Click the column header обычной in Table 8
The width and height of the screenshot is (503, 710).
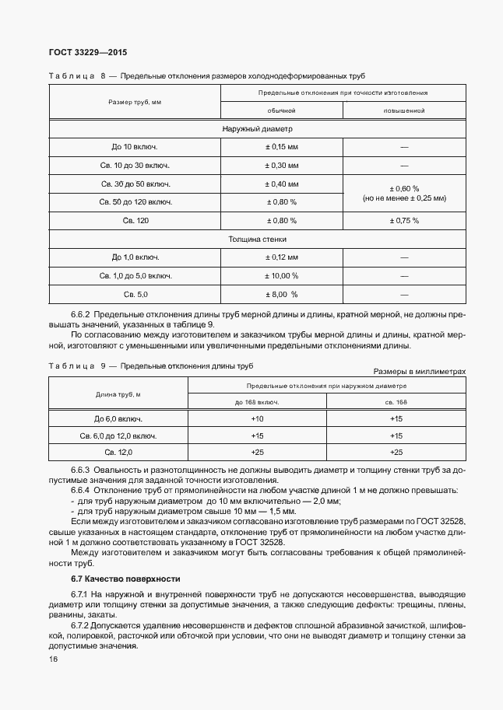point(281,111)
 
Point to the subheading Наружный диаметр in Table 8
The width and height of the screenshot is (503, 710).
point(257,129)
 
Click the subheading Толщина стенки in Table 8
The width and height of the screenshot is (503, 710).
point(257,240)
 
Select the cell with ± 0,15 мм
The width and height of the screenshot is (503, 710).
point(281,147)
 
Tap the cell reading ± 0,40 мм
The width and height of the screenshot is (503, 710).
point(281,184)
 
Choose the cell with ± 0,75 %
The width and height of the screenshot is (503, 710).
point(403,221)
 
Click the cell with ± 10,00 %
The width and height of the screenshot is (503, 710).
point(281,276)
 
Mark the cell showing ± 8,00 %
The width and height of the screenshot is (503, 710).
point(281,295)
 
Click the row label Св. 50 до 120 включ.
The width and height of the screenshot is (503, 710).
point(135,202)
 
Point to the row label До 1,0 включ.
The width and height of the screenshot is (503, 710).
point(135,257)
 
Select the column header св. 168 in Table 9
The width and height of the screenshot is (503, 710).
point(396,402)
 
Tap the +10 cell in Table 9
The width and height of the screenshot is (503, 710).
point(257,419)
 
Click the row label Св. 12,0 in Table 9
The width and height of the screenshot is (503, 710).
point(118,452)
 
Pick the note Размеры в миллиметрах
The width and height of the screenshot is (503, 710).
point(419,372)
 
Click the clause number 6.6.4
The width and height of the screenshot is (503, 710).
point(81,491)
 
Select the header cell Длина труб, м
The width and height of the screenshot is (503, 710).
point(118,394)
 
